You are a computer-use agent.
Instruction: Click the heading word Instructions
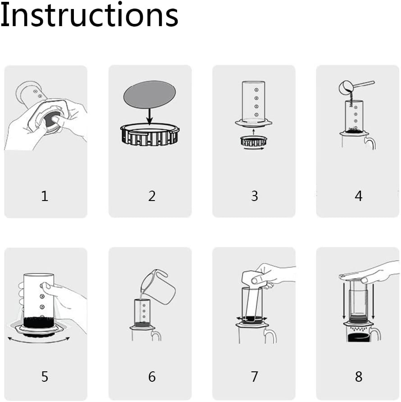click(89, 15)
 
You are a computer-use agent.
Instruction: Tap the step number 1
click(44, 196)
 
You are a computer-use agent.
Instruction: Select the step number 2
click(152, 196)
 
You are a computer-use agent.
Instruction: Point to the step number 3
click(255, 196)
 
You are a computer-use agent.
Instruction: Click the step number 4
click(358, 196)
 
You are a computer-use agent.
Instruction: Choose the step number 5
click(44, 376)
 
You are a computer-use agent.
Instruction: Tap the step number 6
click(152, 376)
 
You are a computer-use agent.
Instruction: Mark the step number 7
click(255, 376)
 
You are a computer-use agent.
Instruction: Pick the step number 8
click(358, 376)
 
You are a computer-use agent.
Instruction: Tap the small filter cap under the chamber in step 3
click(254, 142)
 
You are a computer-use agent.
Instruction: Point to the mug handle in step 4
click(371, 143)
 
